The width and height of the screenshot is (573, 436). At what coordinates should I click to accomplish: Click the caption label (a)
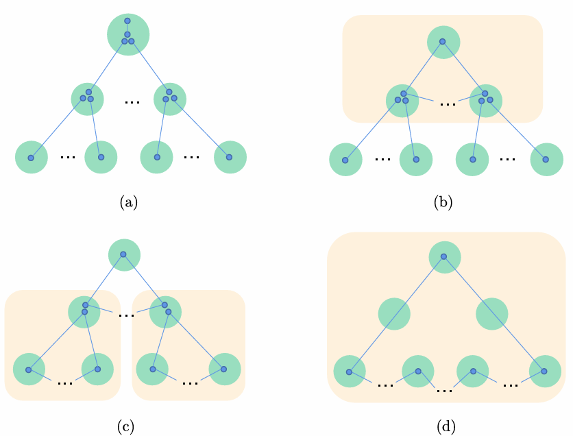(129, 202)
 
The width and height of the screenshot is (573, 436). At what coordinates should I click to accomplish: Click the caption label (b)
(443, 202)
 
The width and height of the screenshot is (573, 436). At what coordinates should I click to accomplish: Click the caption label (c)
(125, 426)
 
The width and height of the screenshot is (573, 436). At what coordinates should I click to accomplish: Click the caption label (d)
(446, 426)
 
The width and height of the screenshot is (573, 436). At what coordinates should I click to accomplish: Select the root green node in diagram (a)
(128, 34)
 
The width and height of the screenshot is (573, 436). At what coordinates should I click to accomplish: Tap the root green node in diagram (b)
(443, 42)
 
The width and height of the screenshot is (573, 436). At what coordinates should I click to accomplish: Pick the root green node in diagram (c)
(124, 255)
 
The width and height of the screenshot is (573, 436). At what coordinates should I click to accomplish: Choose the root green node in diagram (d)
(444, 257)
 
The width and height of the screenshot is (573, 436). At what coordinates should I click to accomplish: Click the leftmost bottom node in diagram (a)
(32, 157)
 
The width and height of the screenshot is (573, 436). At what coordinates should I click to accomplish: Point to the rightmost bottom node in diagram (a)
(230, 157)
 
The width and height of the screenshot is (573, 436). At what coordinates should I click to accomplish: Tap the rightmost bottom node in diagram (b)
(546, 159)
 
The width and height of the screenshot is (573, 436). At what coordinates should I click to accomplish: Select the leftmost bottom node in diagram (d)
(350, 372)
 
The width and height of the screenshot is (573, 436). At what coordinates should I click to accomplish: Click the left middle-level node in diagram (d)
(394, 314)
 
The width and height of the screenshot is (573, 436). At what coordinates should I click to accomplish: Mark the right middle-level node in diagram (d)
(492, 314)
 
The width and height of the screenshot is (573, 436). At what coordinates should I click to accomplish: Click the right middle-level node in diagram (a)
(170, 99)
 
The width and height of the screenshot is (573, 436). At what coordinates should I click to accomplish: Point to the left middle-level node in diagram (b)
(402, 100)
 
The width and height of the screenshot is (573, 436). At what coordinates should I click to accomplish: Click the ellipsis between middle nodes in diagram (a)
(132, 101)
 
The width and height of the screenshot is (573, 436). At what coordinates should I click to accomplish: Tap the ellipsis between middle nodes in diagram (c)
(126, 315)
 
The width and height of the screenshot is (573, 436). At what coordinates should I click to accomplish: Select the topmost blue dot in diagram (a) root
(127, 21)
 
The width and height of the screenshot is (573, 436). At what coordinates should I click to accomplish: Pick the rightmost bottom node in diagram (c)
(225, 370)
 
